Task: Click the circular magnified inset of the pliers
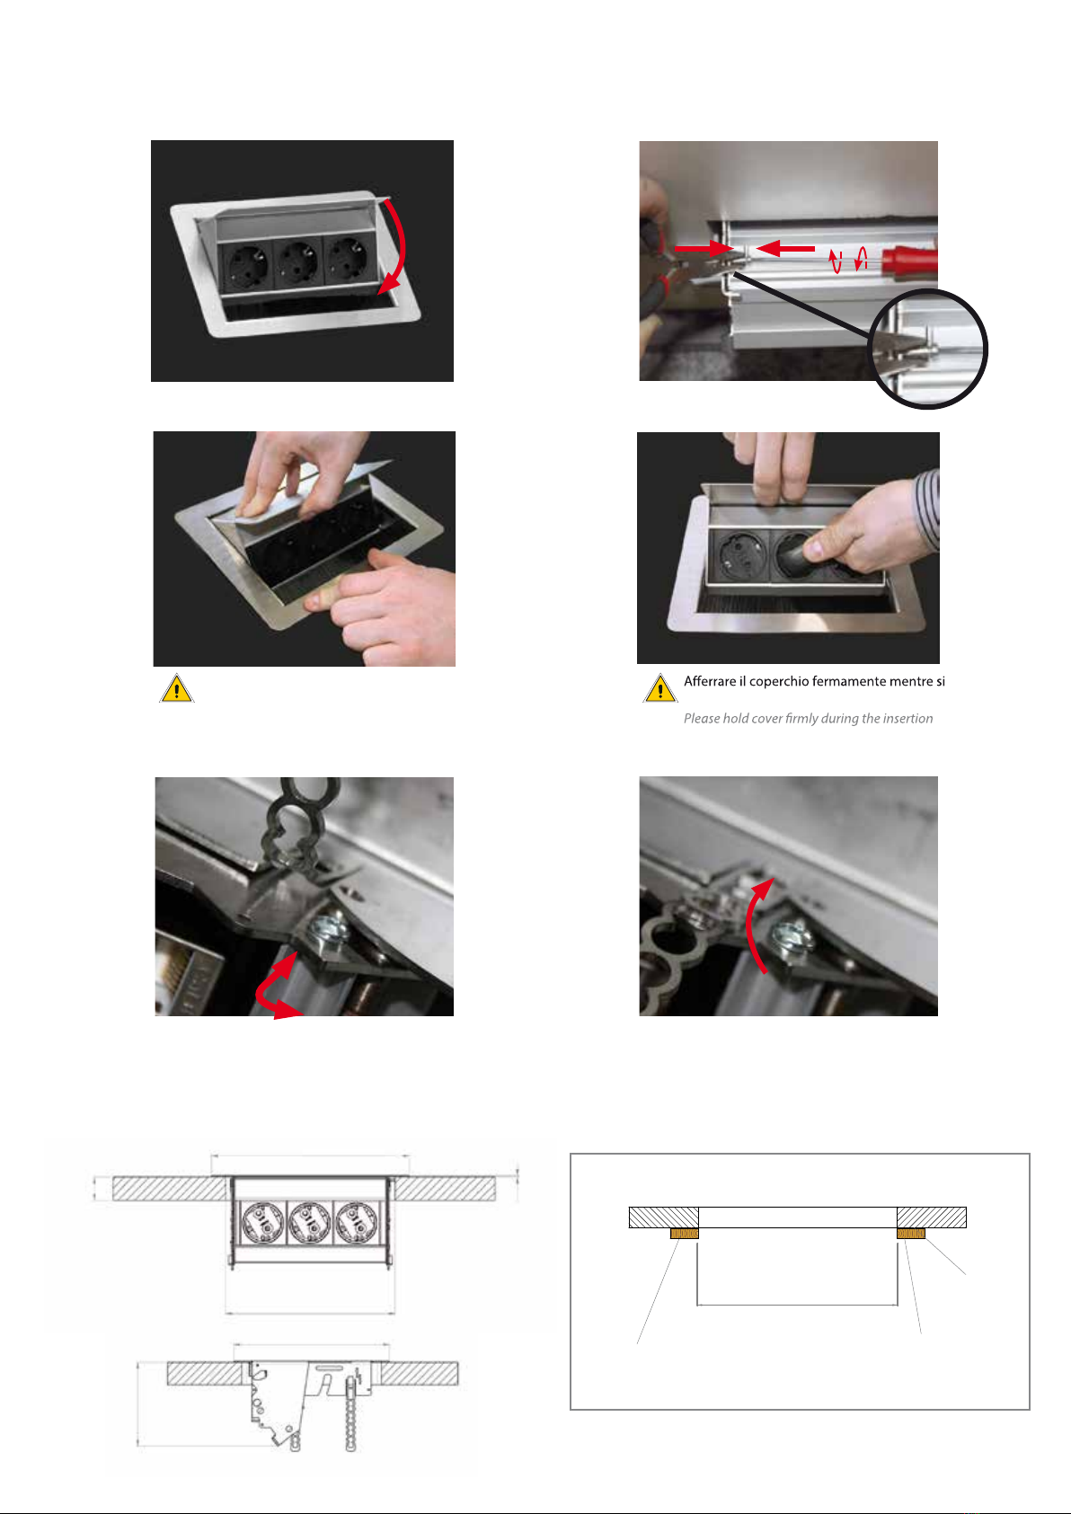tap(927, 349)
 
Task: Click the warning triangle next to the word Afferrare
tap(660, 688)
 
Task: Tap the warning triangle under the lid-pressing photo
tap(177, 688)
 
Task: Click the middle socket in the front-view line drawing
tap(309, 1223)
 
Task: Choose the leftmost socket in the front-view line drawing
tap(263, 1223)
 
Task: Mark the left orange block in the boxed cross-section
tap(684, 1234)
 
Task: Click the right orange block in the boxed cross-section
tap(911, 1234)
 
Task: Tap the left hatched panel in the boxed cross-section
tap(664, 1217)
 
